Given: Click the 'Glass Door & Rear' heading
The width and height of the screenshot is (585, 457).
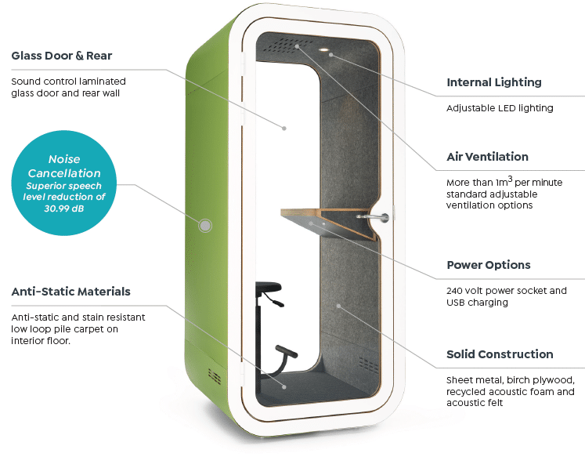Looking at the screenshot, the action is [x=62, y=56].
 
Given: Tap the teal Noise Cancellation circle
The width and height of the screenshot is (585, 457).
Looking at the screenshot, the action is [x=63, y=183].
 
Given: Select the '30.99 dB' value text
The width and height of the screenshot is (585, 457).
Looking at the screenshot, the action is [x=63, y=209].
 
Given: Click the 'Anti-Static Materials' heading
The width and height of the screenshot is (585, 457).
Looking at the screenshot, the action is [x=71, y=292].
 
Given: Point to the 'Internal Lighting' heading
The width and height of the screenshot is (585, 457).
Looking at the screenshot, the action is [x=494, y=82].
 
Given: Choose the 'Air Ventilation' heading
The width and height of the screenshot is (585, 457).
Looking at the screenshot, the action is [x=487, y=157].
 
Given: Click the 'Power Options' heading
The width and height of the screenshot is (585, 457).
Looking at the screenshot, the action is [x=489, y=265].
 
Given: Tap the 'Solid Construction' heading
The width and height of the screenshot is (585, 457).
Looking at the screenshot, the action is [x=500, y=354].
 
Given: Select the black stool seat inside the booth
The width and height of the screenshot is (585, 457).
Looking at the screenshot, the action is [x=269, y=287].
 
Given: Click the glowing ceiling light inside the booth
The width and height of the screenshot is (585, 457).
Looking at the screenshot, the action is [x=323, y=49].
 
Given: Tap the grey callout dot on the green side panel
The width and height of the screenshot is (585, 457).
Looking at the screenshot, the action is [x=205, y=226].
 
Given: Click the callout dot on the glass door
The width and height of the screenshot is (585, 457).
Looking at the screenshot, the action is [x=284, y=129].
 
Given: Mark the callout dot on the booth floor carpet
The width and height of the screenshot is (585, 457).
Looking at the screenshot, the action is [x=284, y=387].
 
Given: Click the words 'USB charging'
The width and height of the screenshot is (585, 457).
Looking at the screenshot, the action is [x=477, y=303].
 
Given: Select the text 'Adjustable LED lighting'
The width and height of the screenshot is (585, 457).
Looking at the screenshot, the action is [x=500, y=108].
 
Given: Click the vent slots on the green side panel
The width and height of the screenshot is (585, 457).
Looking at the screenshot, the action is [x=214, y=376].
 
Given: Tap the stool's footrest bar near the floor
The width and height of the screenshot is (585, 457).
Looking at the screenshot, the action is [x=286, y=351].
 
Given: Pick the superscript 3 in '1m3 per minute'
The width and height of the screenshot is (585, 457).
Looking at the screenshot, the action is [x=510, y=179].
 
